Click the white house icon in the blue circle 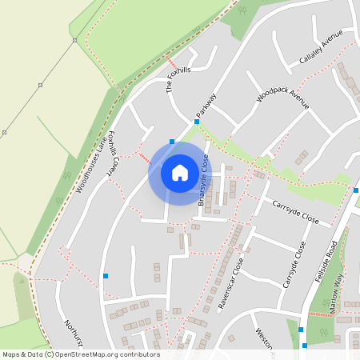tap(180, 173)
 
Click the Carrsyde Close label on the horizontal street tap(295, 213)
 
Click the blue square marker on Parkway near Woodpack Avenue tap(196, 122)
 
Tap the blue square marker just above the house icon tap(172, 142)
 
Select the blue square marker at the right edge tap(356, 190)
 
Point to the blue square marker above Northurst tap(106, 276)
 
